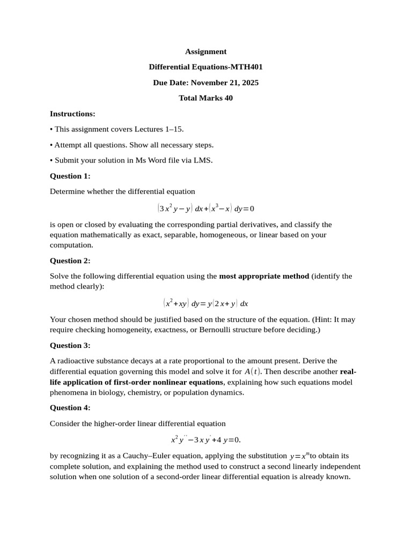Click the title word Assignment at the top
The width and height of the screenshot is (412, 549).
[205, 51]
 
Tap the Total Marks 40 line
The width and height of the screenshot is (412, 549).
[205, 98]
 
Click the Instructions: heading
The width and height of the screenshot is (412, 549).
[72, 114]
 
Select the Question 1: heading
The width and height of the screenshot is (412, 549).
[70, 176]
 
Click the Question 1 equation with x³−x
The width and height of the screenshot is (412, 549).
[205, 208]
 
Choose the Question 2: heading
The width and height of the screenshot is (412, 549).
[70, 261]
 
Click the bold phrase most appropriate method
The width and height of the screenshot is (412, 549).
[264, 276]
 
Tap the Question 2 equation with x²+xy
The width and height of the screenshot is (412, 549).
[205, 303]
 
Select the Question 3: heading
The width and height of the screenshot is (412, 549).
[70, 345]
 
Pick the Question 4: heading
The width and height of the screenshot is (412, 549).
[70, 407]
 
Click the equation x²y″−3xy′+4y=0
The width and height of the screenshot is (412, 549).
[205, 440]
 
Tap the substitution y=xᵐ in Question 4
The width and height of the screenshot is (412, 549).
[299, 456]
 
